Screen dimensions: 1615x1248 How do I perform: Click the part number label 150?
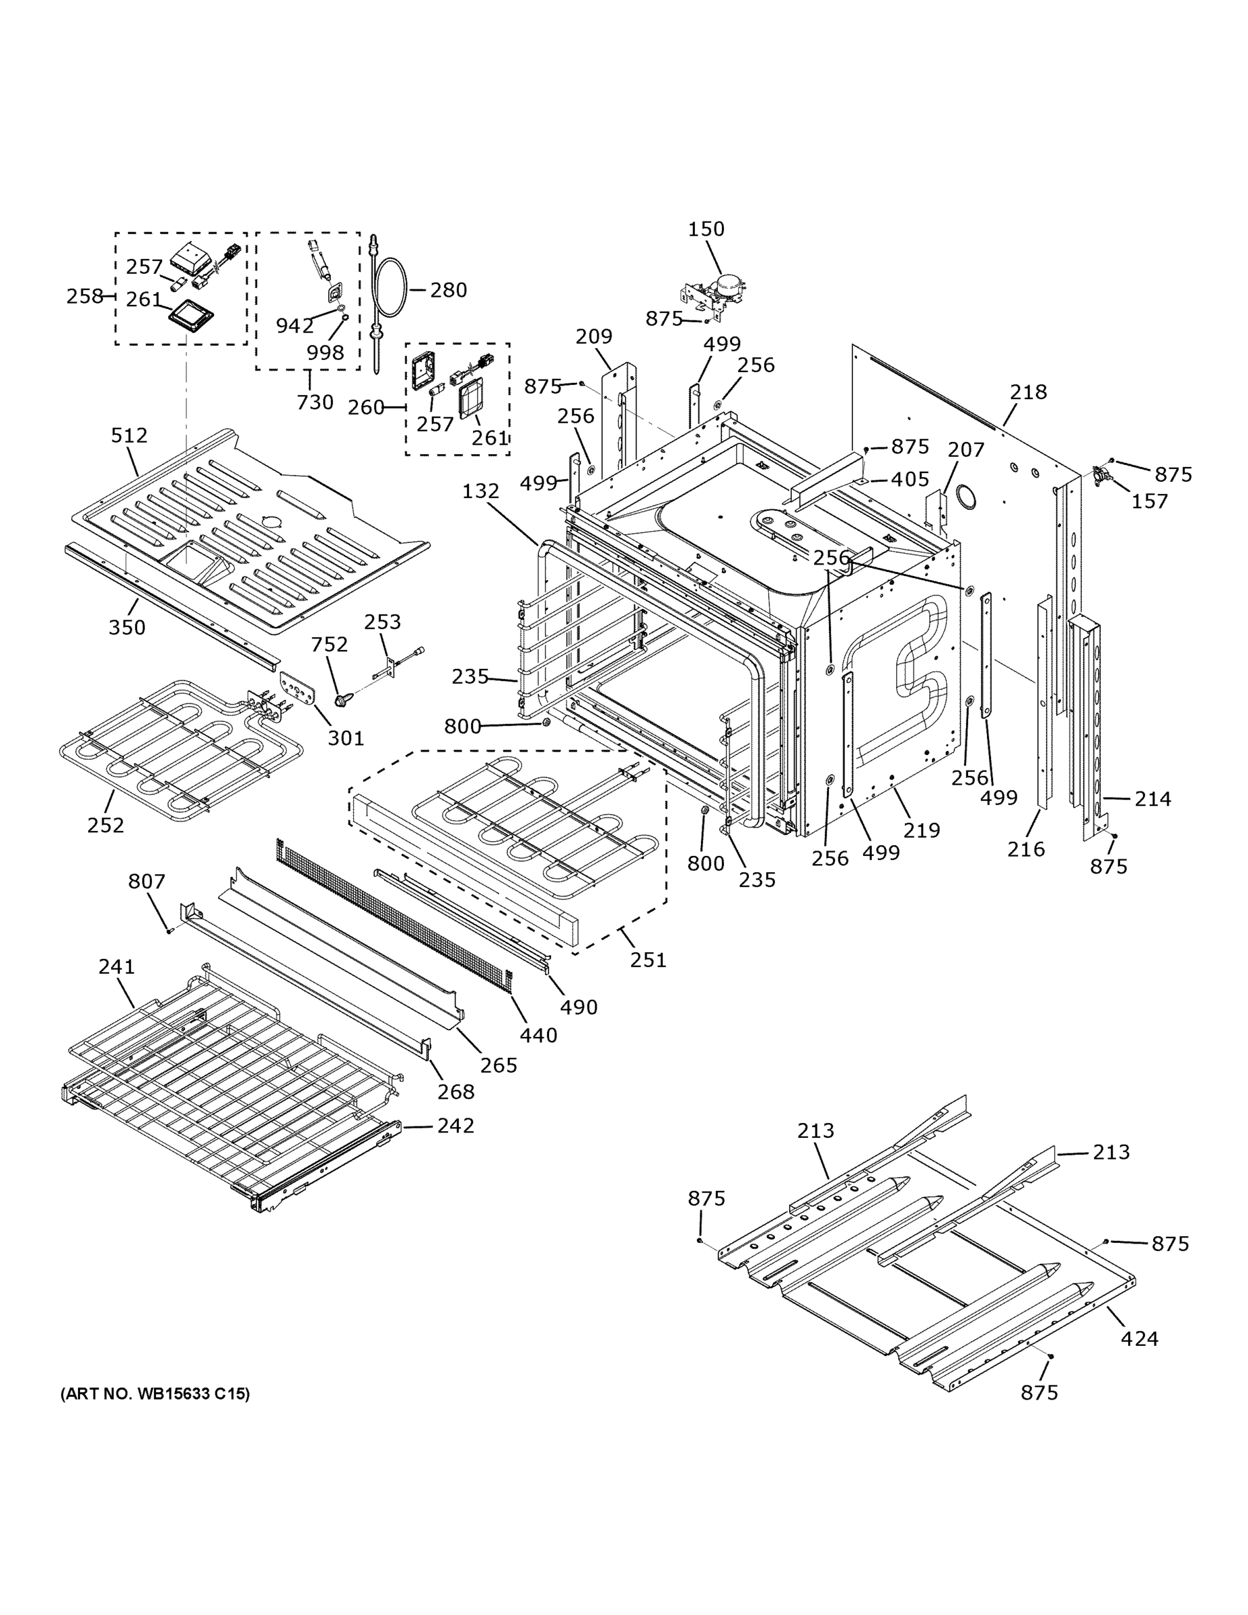(x=706, y=229)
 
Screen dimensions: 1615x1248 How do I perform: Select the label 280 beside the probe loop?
(x=448, y=290)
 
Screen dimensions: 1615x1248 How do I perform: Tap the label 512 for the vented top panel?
(x=129, y=435)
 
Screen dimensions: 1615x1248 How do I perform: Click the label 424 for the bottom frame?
(x=1139, y=1338)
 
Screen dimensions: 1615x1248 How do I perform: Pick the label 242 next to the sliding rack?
(x=455, y=1126)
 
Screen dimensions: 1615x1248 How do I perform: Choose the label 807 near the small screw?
(x=147, y=882)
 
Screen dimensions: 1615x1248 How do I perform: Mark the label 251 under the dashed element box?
(x=648, y=960)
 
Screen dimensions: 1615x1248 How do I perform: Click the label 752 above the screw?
(x=329, y=645)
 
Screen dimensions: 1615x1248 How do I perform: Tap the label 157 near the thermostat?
(x=1150, y=501)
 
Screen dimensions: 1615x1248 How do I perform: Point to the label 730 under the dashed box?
(x=315, y=402)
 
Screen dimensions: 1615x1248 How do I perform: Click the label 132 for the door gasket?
(x=480, y=491)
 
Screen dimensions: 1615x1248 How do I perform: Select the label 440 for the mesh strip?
(x=538, y=1035)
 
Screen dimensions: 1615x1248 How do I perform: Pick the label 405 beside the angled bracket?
(x=910, y=479)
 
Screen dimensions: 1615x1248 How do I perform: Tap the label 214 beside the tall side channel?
(x=1152, y=799)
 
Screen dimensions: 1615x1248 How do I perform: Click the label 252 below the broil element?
(x=106, y=825)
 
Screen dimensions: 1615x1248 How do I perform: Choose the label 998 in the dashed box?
(x=326, y=353)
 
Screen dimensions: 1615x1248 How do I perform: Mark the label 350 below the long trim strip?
(x=127, y=627)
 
